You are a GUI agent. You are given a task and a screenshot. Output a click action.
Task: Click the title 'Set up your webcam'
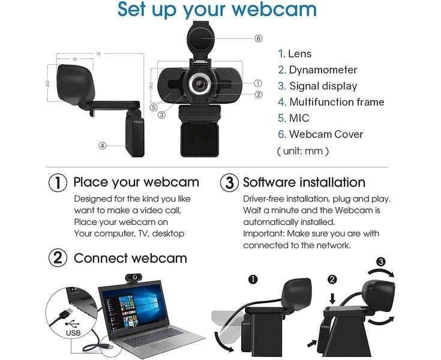coord(217,10)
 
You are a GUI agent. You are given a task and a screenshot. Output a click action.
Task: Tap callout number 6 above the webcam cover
coord(259,38)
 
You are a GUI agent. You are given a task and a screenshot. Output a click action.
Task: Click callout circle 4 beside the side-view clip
coord(103,145)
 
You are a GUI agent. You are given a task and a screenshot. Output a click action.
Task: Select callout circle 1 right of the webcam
coord(258,83)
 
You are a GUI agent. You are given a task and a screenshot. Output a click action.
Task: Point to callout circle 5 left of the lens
coord(154,108)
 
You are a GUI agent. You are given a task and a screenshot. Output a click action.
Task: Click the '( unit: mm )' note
coord(302,151)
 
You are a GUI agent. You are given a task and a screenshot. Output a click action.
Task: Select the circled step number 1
coord(57,182)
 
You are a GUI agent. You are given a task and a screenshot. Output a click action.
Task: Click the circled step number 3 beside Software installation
coord(229,182)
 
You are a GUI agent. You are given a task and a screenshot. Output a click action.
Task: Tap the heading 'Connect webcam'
coord(130,259)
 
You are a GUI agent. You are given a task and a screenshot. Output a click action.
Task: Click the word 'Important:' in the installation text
coord(265,233)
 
